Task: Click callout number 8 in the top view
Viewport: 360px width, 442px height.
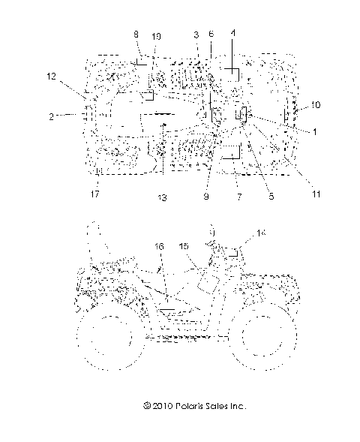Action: coord(136,35)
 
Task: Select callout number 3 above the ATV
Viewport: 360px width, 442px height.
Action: coord(196,35)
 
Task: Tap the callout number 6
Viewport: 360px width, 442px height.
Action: coord(211,35)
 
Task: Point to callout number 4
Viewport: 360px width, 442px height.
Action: coord(232,34)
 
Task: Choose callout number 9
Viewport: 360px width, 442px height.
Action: coord(206,197)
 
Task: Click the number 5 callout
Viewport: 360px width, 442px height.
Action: coord(271,197)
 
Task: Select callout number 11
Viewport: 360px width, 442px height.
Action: coord(316,194)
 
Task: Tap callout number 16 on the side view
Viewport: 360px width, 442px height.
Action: coord(159,245)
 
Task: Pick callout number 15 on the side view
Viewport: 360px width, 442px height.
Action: coord(184,246)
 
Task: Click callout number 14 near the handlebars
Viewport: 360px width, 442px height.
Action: coord(262,234)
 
